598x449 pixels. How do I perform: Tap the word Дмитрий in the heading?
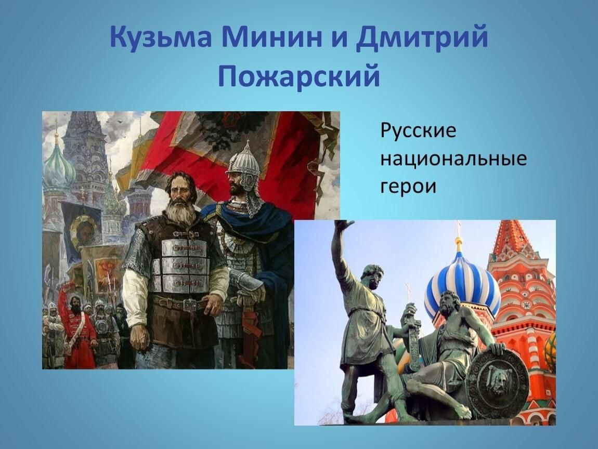tap(422, 38)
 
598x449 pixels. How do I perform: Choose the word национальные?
tap(453, 159)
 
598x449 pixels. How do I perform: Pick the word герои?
tap(408, 187)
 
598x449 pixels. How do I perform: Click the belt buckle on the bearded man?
tap(190, 305)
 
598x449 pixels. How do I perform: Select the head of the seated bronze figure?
tap(450, 302)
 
